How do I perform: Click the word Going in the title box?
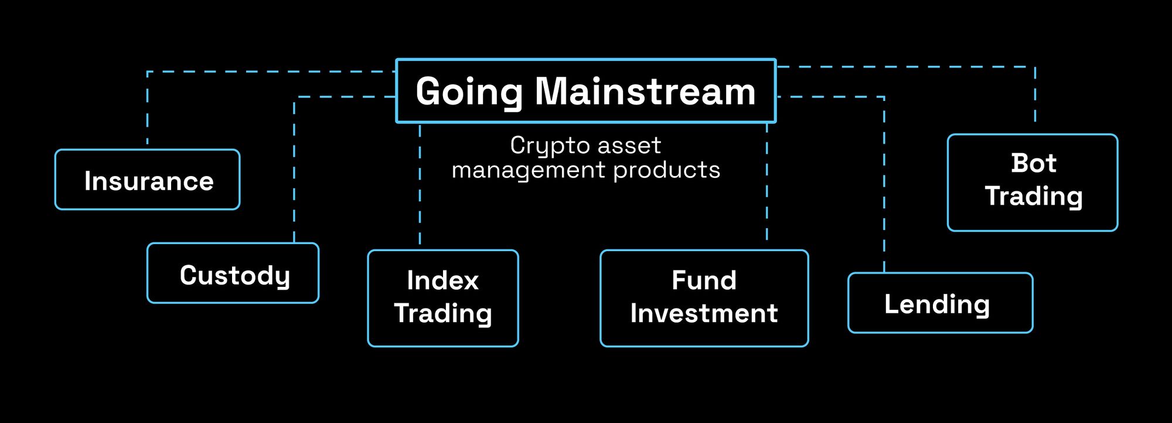point(468,92)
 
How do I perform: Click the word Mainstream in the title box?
point(645,92)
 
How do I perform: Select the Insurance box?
point(148,180)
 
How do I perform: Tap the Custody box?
point(233,273)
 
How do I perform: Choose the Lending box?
point(940,303)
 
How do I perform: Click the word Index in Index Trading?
point(442,280)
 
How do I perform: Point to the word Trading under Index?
point(442,313)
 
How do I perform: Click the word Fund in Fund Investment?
point(704,280)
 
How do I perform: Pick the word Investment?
point(704,313)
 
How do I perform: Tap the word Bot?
point(1033,163)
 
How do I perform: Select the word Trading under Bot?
point(1033,196)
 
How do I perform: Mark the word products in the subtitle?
point(666,170)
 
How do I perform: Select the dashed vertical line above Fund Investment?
point(766,182)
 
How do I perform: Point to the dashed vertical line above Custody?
point(294,170)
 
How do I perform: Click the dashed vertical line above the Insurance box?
point(147,109)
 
